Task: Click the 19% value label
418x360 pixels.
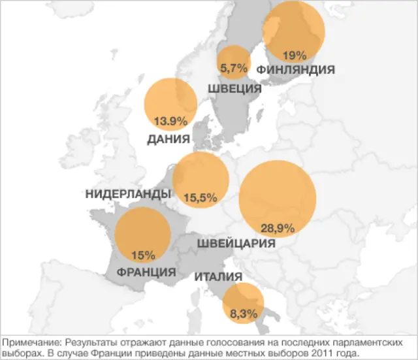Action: (295, 55)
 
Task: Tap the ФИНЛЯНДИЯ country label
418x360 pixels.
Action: (296, 69)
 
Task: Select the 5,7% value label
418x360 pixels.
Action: (234, 67)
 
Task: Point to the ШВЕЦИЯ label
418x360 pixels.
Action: (234, 89)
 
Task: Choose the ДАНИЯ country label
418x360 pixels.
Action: (169, 139)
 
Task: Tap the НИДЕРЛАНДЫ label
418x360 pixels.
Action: (128, 194)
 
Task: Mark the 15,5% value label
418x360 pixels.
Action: (200, 197)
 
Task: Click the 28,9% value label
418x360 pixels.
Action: (278, 228)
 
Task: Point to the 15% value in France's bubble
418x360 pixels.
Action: (142, 254)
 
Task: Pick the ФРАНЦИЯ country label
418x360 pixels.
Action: (146, 272)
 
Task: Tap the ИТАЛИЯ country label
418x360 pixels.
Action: (218, 277)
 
